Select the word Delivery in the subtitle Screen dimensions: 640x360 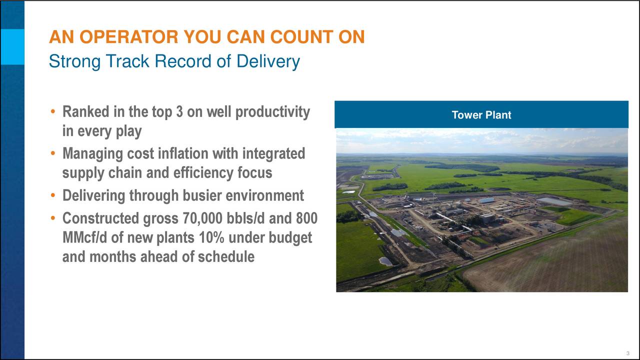268,61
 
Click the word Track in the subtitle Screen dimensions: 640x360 127,61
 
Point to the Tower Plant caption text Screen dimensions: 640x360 481,115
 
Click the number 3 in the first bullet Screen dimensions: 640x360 179,111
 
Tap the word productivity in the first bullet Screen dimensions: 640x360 272,112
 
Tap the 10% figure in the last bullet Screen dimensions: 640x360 211,237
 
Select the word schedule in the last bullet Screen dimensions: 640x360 226,256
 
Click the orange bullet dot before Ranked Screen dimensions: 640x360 52,111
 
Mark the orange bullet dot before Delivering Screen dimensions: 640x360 52,195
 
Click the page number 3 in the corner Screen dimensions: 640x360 627,353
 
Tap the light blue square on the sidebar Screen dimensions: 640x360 12,47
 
